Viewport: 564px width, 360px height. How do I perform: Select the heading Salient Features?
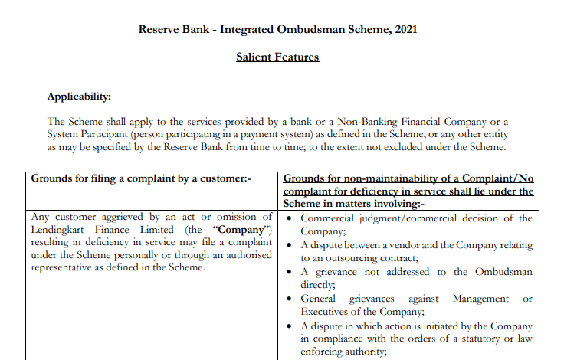pos(277,57)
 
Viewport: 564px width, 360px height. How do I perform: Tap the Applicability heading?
pos(79,97)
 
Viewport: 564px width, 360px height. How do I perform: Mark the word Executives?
pos(328,311)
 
